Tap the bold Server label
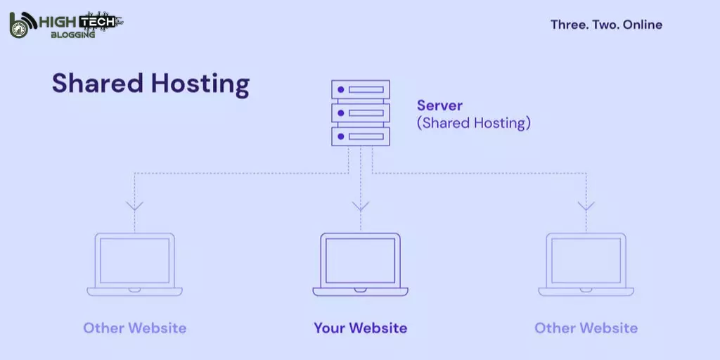(x=439, y=105)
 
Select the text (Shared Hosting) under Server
(x=473, y=123)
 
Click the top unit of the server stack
(x=361, y=90)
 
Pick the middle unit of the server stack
(x=361, y=112)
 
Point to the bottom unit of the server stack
(x=361, y=136)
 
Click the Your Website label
(x=360, y=328)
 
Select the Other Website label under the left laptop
(x=134, y=328)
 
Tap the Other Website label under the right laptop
(x=586, y=328)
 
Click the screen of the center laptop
(x=361, y=260)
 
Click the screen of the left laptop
(x=134, y=260)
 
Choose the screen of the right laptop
(x=586, y=260)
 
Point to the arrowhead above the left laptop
(x=134, y=206)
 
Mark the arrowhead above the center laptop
(x=361, y=206)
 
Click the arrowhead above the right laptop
(x=586, y=206)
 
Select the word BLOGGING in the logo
(x=72, y=34)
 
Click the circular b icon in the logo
(x=21, y=25)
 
